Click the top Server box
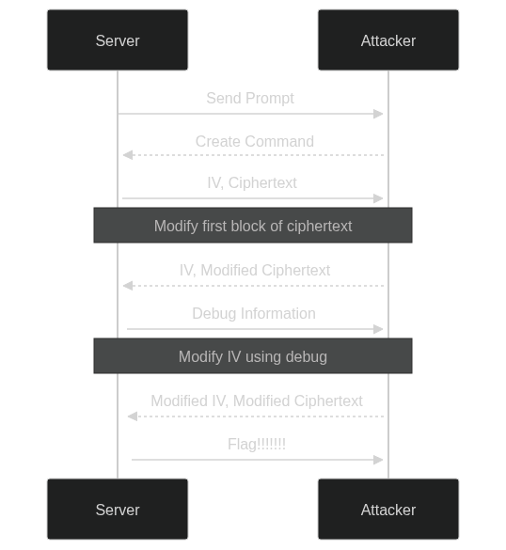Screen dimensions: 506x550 [118, 40]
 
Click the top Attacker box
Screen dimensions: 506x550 [388, 40]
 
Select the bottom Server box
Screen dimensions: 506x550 [118, 509]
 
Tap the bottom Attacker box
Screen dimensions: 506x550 [388, 509]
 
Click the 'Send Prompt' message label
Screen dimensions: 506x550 [250, 99]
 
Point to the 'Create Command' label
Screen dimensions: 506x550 [255, 141]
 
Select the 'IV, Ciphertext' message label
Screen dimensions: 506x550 [252, 183]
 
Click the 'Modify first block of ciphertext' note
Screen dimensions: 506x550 [253, 226]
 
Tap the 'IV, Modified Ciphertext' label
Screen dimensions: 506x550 [255, 271]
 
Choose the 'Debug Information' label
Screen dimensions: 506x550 [254, 314]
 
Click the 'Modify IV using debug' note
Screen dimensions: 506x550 [253, 356]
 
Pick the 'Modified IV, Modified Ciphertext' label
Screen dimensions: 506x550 [257, 401]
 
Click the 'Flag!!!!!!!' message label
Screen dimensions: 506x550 [257, 444]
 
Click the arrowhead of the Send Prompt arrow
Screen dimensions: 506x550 [378, 114]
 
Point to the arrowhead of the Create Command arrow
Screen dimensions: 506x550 [128, 155]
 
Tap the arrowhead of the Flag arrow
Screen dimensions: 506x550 [378, 460]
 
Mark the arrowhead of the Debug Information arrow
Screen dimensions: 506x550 [378, 329]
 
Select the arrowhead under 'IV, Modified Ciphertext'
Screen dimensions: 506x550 [128, 286]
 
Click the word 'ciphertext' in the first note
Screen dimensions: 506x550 [320, 227]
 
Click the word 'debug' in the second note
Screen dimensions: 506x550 [307, 357]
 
